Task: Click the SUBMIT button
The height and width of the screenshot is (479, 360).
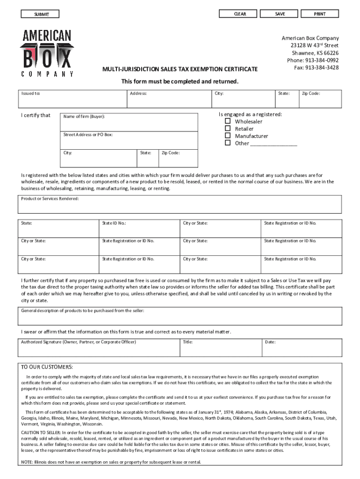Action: [41, 15]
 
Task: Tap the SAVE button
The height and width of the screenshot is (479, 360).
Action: [280, 14]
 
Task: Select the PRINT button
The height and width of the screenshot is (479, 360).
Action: [320, 14]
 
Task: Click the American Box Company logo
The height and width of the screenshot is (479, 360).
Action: [46, 53]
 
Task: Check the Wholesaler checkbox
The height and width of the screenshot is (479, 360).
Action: [228, 121]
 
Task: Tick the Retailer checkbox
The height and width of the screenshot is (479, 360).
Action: [228, 128]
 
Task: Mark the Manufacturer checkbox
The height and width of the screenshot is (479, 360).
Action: [228, 136]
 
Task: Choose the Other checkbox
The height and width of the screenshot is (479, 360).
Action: [228, 143]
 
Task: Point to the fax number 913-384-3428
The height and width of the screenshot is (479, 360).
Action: [322, 68]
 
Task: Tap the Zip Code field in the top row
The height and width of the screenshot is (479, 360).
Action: [322, 99]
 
